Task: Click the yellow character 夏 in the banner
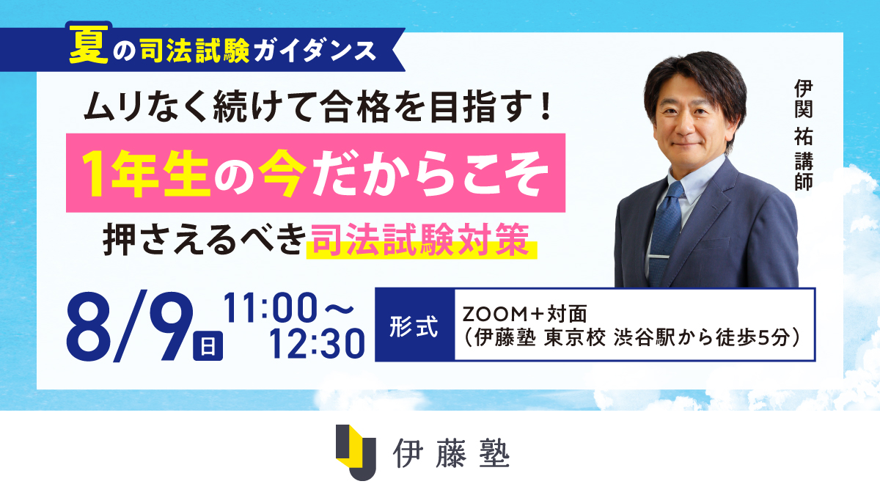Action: pyautogui.click(x=89, y=46)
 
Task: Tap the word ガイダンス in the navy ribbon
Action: pyautogui.click(x=315, y=51)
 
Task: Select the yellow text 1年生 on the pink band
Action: pyautogui.click(x=146, y=173)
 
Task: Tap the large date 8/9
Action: pyautogui.click(x=130, y=327)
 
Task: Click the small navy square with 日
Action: pyautogui.click(x=208, y=345)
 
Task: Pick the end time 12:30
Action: pyautogui.click(x=317, y=343)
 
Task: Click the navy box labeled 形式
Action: pyautogui.click(x=415, y=325)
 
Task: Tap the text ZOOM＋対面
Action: pyautogui.click(x=524, y=314)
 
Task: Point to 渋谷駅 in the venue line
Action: pyautogui.click(x=644, y=337)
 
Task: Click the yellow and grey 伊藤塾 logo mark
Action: pyautogui.click(x=356, y=452)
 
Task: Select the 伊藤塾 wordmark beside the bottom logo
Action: pyautogui.click(x=451, y=453)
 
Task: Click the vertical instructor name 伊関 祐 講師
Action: pyautogui.click(x=804, y=135)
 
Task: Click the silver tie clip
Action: pyautogui.click(x=658, y=257)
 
